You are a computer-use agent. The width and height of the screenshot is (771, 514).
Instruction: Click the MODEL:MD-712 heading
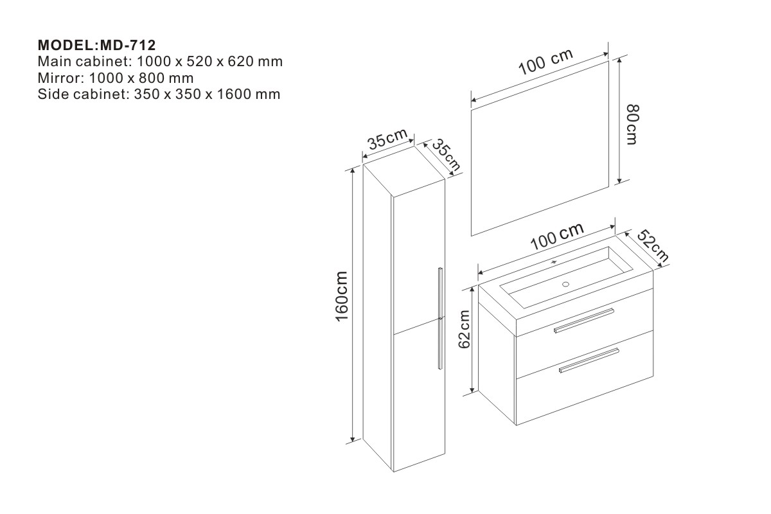(x=97, y=46)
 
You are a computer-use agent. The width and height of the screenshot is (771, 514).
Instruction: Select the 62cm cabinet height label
(x=465, y=328)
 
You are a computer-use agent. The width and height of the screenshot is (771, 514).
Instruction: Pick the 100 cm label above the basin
(x=556, y=237)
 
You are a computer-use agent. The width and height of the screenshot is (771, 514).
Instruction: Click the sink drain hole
(x=566, y=283)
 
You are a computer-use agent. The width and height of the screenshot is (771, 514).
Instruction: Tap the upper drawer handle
(x=584, y=320)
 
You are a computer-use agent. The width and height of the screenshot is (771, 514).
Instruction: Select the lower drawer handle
(x=589, y=360)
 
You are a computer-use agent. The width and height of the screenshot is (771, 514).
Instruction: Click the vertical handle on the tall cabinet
(x=440, y=317)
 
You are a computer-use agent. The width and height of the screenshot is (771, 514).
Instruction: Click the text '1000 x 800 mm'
(x=141, y=78)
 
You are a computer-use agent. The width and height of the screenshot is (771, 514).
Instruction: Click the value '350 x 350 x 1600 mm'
(x=206, y=94)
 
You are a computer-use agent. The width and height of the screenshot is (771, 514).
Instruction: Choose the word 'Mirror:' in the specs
(x=61, y=78)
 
